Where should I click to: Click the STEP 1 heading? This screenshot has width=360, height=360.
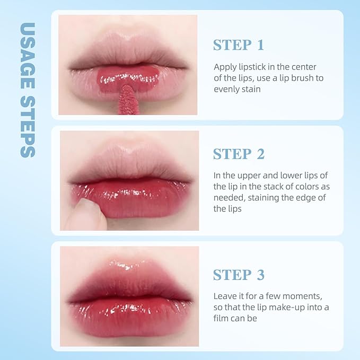click(238, 45)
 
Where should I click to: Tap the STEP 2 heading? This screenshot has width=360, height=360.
click(239, 154)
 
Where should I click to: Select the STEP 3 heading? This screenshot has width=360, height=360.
click(239, 275)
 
